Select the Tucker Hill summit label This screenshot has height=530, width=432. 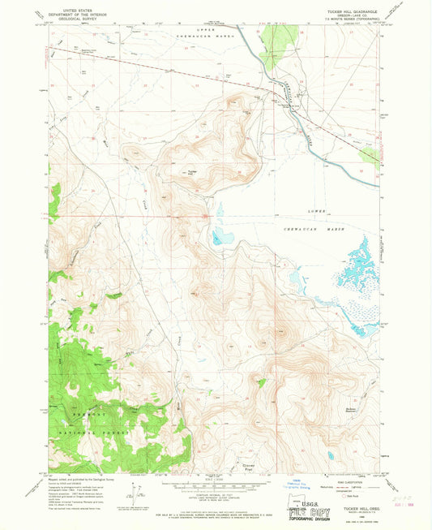pos(192,172)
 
